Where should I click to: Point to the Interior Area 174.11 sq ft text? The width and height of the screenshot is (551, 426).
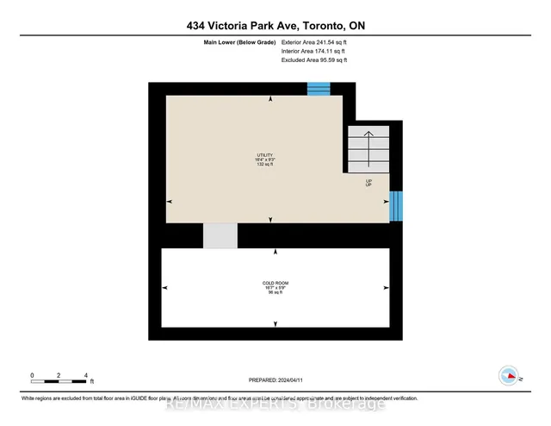[x=316, y=51]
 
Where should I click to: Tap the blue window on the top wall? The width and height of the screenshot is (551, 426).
[x=319, y=88]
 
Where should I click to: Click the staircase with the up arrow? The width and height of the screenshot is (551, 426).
[x=368, y=147]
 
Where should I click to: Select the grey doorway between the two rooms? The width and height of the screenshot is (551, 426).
[x=220, y=235]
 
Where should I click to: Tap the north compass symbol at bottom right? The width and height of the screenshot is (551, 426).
[x=508, y=375]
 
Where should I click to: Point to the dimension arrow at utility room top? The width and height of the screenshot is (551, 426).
[x=271, y=99]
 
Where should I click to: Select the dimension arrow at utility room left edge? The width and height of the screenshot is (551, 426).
[x=170, y=201]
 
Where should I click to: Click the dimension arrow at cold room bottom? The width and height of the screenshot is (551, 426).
[x=275, y=323]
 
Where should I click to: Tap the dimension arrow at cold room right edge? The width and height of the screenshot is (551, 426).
[x=385, y=288]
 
